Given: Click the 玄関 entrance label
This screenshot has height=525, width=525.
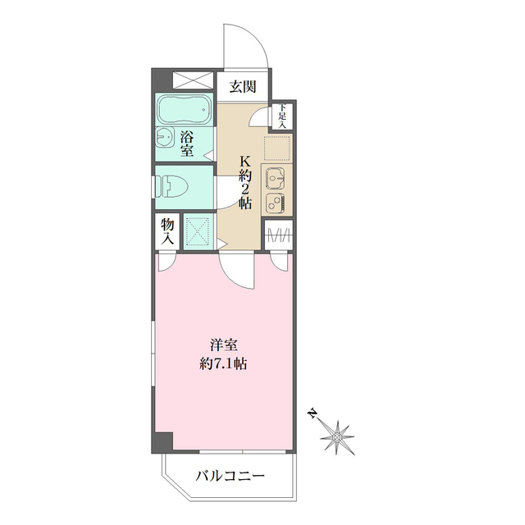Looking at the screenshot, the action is [x=243, y=87].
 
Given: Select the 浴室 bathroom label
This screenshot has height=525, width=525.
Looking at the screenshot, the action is [x=187, y=144].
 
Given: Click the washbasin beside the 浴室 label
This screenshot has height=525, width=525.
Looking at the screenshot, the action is [x=164, y=137].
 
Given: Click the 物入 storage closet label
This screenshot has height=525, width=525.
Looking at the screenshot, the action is [x=167, y=231].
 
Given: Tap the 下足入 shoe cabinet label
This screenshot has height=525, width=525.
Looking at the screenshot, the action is [x=282, y=116].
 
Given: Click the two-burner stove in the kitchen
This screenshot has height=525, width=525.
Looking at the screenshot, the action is [x=276, y=203].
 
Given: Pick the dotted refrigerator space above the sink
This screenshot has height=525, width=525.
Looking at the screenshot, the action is [x=276, y=148].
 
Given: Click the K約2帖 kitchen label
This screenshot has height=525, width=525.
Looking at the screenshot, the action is [x=244, y=183].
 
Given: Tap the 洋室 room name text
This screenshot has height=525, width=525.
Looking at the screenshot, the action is [x=224, y=345].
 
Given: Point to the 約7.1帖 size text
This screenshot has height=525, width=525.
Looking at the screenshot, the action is [x=223, y=363].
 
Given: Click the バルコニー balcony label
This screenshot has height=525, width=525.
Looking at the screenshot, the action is [x=231, y=476].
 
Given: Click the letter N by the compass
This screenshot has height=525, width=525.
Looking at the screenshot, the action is [x=313, y=413].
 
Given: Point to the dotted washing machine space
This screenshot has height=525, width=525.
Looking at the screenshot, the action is [x=198, y=232].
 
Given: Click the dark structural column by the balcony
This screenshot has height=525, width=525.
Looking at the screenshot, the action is [x=162, y=443].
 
